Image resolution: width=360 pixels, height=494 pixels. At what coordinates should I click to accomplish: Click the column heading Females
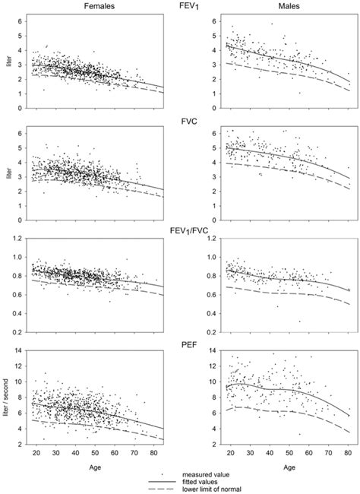pyautogui.click(x=84, y=6)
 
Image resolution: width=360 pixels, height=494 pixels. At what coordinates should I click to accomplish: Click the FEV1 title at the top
pyautogui.click(x=180, y=7)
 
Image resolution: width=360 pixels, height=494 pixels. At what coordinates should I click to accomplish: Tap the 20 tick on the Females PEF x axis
pyautogui.click(x=36, y=451)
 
